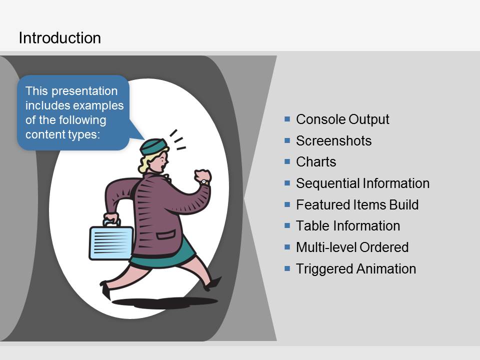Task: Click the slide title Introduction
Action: [59, 38]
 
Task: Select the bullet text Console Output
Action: [342, 119]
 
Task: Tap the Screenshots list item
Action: [333, 141]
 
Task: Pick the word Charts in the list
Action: [316, 162]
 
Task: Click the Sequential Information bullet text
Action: [363, 183]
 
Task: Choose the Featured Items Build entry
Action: [357, 205]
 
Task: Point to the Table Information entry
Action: [348, 226]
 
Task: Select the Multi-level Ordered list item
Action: [352, 247]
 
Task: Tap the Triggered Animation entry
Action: [356, 269]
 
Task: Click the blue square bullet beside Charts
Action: [287, 161]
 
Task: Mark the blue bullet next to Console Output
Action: [287, 119]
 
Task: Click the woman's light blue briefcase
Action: [111, 242]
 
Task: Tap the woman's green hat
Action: [153, 146]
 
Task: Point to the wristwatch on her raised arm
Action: [204, 182]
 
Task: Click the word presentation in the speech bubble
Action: [84, 91]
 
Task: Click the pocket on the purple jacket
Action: [166, 235]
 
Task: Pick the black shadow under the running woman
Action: [165, 302]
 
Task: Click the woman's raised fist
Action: [202, 175]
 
